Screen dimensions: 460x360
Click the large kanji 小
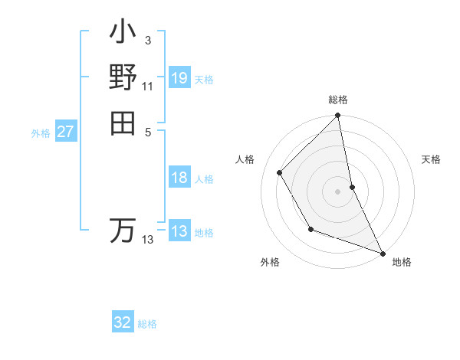pyautogui.click(x=123, y=35)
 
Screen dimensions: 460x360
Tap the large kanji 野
pyautogui.click(x=123, y=78)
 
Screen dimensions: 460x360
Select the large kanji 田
pyautogui.click(x=123, y=122)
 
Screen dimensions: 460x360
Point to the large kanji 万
pyautogui.click(x=123, y=231)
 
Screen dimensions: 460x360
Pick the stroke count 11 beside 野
pyautogui.click(x=147, y=86)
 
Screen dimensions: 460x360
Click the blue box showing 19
pyautogui.click(x=179, y=77)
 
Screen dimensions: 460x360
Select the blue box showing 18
pyautogui.click(x=179, y=178)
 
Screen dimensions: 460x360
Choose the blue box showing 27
pyautogui.click(x=66, y=132)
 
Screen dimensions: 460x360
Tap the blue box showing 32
pyautogui.click(x=123, y=322)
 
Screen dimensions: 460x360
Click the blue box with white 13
pyautogui.click(x=179, y=231)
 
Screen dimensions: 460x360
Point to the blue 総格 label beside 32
pyautogui.click(x=147, y=324)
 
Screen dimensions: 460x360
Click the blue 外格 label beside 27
pyautogui.click(x=41, y=133)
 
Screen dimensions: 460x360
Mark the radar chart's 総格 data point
pyautogui.click(x=337, y=116)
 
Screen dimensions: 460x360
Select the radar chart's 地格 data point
pyautogui.click(x=383, y=252)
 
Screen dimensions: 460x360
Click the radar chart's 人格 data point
pyautogui.click(x=280, y=172)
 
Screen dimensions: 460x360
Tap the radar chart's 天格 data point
pyautogui.click(x=352, y=186)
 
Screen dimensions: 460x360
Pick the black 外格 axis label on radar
pyautogui.click(x=270, y=263)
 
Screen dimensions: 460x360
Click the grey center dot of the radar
pyautogui.click(x=337, y=191)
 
